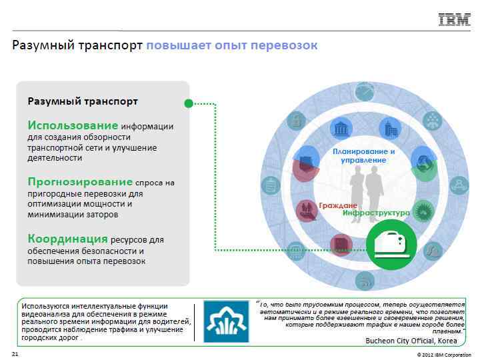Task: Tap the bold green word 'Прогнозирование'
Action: pyautogui.click(x=80, y=181)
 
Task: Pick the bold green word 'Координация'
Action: pyautogui.click(x=67, y=239)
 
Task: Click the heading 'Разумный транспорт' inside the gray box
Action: pyautogui.click(x=83, y=101)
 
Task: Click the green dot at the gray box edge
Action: pyautogui.click(x=189, y=103)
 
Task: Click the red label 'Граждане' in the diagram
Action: pyautogui.click(x=338, y=204)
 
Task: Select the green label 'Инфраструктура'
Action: pyautogui.click(x=377, y=213)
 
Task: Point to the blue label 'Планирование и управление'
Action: pyautogui.click(x=363, y=156)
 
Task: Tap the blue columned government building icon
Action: pyautogui.click(x=341, y=129)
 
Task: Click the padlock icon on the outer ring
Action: pyautogui.click(x=294, y=121)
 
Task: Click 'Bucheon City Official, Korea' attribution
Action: pyautogui.click(x=411, y=341)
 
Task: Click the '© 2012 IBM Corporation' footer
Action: pyautogui.click(x=443, y=354)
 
